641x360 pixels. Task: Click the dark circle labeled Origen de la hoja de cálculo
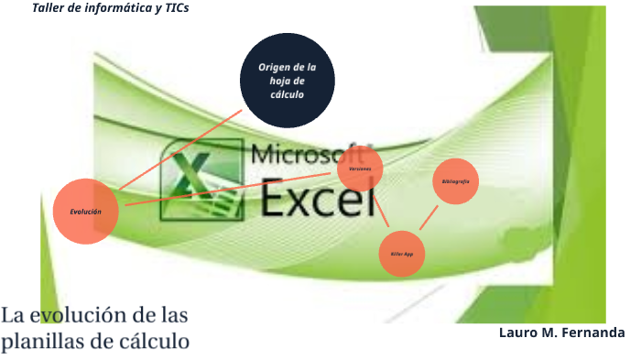287,81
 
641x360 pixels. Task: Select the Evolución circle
86,212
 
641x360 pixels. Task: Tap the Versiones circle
360,169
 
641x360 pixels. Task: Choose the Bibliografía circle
456,182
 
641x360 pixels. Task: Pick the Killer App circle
402,254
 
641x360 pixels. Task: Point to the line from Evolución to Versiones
229,188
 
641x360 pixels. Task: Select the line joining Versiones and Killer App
380,212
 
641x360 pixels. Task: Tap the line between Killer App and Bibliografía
429,218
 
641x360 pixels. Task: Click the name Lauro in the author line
519,332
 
